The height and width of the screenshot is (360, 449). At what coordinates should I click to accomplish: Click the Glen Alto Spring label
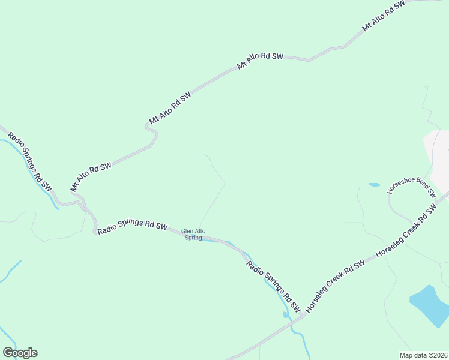(x=193, y=234)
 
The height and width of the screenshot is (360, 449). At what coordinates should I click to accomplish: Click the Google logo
(x=20, y=353)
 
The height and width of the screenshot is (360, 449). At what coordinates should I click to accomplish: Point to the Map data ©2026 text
(x=423, y=355)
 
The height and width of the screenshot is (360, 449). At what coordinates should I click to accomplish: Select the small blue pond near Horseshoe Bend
(x=374, y=185)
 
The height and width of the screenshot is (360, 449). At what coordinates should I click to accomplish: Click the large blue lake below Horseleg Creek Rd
(x=430, y=304)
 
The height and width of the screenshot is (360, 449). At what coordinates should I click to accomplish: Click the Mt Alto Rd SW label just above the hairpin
(x=170, y=108)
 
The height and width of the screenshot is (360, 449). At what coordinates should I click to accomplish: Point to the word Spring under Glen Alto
(x=193, y=238)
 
